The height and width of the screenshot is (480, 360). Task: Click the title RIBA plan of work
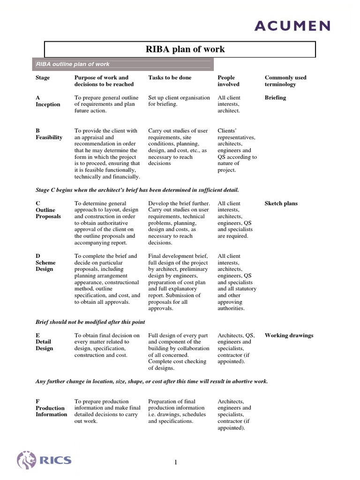click(180, 49)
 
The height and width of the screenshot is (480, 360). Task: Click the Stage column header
click(43, 77)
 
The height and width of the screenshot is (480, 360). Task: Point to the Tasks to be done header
click(170, 77)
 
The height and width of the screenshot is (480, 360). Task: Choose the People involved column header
click(228, 81)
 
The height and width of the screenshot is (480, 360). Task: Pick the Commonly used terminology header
click(285, 81)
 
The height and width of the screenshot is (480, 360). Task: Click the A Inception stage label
click(48, 101)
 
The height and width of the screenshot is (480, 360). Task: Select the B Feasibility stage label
click(49, 134)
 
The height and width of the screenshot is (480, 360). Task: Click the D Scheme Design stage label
click(45, 262)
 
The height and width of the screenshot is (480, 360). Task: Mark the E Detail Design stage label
click(45, 342)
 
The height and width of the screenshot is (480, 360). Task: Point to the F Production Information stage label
click(51, 408)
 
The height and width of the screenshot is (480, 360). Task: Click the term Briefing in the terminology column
click(275, 97)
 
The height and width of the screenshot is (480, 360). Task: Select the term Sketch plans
click(281, 203)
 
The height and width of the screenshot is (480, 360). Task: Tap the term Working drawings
click(289, 335)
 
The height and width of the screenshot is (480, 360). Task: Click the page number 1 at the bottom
click(176, 463)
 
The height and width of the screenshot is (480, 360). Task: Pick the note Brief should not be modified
click(90, 322)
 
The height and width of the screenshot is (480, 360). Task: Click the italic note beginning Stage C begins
click(137, 190)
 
